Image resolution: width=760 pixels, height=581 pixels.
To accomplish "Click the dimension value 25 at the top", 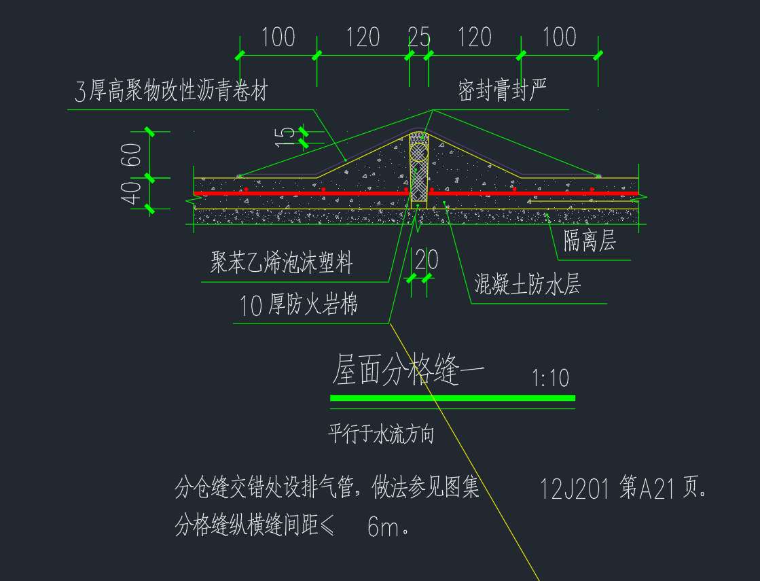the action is [419, 37].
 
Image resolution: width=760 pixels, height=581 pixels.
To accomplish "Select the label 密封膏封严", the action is [502, 90].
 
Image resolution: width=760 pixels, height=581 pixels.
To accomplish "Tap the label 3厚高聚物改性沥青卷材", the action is [171, 90].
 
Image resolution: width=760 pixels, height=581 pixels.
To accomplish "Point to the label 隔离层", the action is [590, 241].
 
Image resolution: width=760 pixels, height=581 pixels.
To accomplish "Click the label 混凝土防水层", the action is [527, 284].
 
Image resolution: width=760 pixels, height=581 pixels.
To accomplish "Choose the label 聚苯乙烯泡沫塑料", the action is [281, 262].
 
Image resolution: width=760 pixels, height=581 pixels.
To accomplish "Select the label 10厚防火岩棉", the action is [299, 304].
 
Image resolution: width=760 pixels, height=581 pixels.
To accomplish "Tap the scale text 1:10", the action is [550, 378].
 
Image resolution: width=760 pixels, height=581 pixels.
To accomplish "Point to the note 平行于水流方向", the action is [381, 434].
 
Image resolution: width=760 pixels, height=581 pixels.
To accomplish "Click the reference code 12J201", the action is [574, 489].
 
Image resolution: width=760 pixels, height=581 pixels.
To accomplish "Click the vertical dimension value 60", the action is [131, 155].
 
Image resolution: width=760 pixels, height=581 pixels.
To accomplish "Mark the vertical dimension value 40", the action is [131, 192].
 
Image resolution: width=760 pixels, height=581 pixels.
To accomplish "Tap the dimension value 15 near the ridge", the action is [285, 137].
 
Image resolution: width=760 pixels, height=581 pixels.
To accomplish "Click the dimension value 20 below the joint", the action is [427, 260].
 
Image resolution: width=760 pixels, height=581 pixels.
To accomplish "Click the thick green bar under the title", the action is [453, 398].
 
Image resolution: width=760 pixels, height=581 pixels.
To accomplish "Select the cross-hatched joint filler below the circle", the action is [419, 183].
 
